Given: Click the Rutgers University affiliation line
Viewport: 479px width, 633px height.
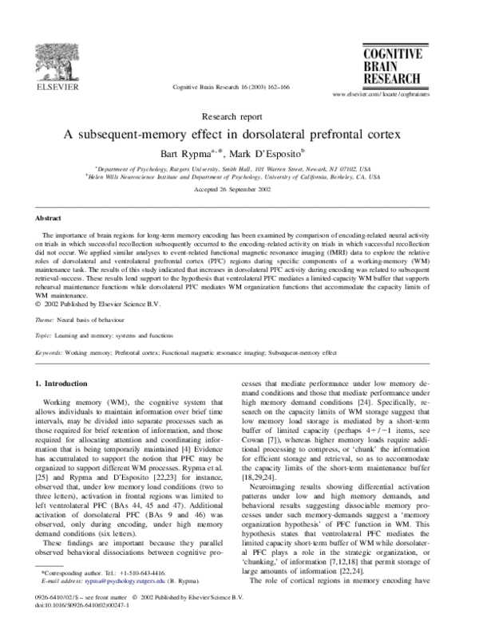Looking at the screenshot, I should pos(239,170).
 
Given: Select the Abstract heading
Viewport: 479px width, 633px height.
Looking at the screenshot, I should pos(49,217).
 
